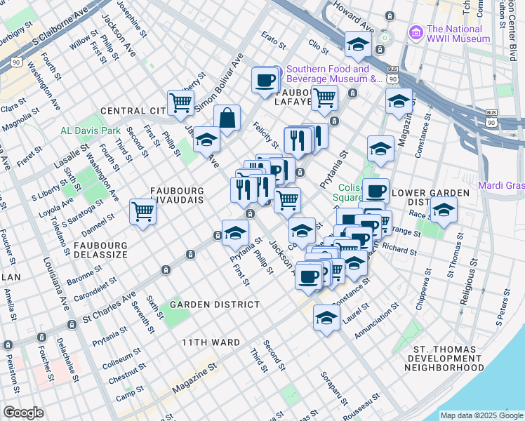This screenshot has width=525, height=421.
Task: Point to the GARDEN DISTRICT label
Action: point(209,305)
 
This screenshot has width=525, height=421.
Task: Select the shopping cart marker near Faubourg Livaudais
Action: point(142,210)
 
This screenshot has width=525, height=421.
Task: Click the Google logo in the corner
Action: point(23,413)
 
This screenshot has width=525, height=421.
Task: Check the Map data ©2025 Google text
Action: point(481,415)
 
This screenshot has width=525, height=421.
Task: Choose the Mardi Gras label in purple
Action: point(501,186)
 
